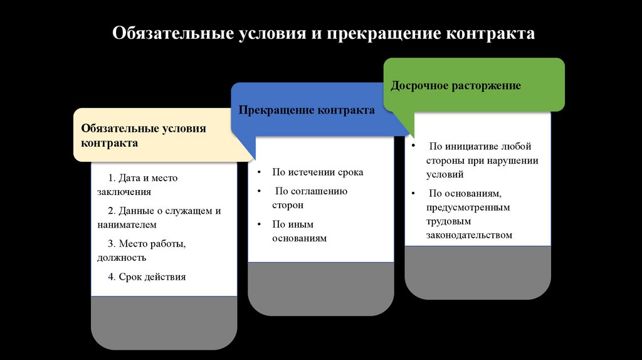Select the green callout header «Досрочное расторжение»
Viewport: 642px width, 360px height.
point(456,86)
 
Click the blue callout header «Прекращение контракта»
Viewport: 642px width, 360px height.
point(307,110)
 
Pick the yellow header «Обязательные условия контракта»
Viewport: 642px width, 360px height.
point(143,135)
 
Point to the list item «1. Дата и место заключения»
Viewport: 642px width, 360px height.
point(137,185)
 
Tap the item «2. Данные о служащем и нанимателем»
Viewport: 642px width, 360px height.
point(159,218)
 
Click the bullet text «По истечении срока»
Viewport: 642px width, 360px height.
point(317,172)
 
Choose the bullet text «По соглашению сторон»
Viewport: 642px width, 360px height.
point(310,198)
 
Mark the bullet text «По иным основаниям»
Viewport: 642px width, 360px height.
point(300,231)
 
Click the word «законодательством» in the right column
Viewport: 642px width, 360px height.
point(470,235)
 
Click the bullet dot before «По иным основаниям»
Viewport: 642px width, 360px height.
point(258,224)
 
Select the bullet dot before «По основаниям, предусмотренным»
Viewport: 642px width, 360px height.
point(414,193)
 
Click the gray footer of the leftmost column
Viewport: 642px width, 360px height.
point(164,322)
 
